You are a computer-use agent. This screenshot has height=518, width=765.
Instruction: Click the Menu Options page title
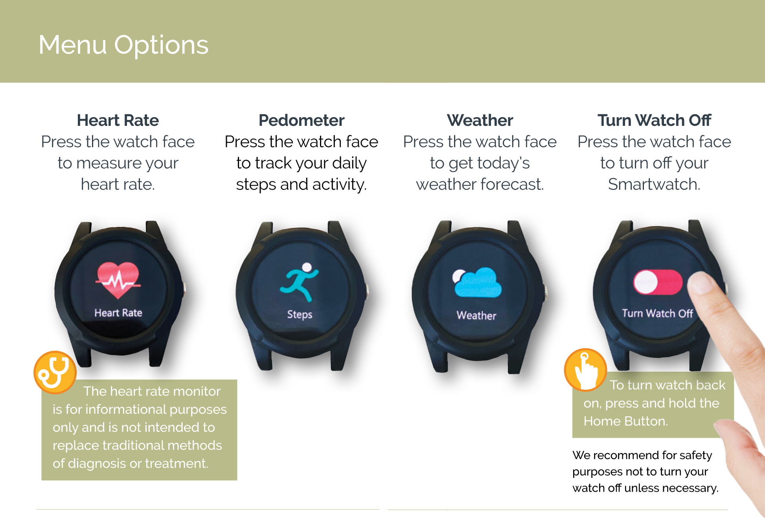[123, 45]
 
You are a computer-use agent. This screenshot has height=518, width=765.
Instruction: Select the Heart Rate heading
[118, 120]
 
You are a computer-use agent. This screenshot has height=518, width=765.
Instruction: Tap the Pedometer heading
[302, 120]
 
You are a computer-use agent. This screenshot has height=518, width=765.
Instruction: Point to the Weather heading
[480, 120]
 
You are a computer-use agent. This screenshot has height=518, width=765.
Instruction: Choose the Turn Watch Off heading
[655, 120]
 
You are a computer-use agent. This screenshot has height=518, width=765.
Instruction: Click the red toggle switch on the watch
[658, 282]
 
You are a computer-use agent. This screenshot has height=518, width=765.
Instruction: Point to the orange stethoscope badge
[55, 372]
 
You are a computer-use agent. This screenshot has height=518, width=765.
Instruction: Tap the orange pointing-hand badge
[586, 370]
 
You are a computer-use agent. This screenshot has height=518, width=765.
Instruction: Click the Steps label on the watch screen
[300, 315]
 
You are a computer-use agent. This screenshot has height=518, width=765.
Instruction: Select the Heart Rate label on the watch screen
[118, 313]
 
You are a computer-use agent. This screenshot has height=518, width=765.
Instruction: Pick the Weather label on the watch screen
[476, 315]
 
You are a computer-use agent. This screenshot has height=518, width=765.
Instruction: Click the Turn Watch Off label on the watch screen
[657, 313]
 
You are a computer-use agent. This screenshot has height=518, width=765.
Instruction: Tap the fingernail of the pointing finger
[700, 282]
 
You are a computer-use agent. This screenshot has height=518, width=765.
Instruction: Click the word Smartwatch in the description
[654, 184]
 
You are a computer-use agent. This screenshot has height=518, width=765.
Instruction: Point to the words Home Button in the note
[626, 421]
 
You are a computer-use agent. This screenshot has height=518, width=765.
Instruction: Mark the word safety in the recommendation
[696, 455]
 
